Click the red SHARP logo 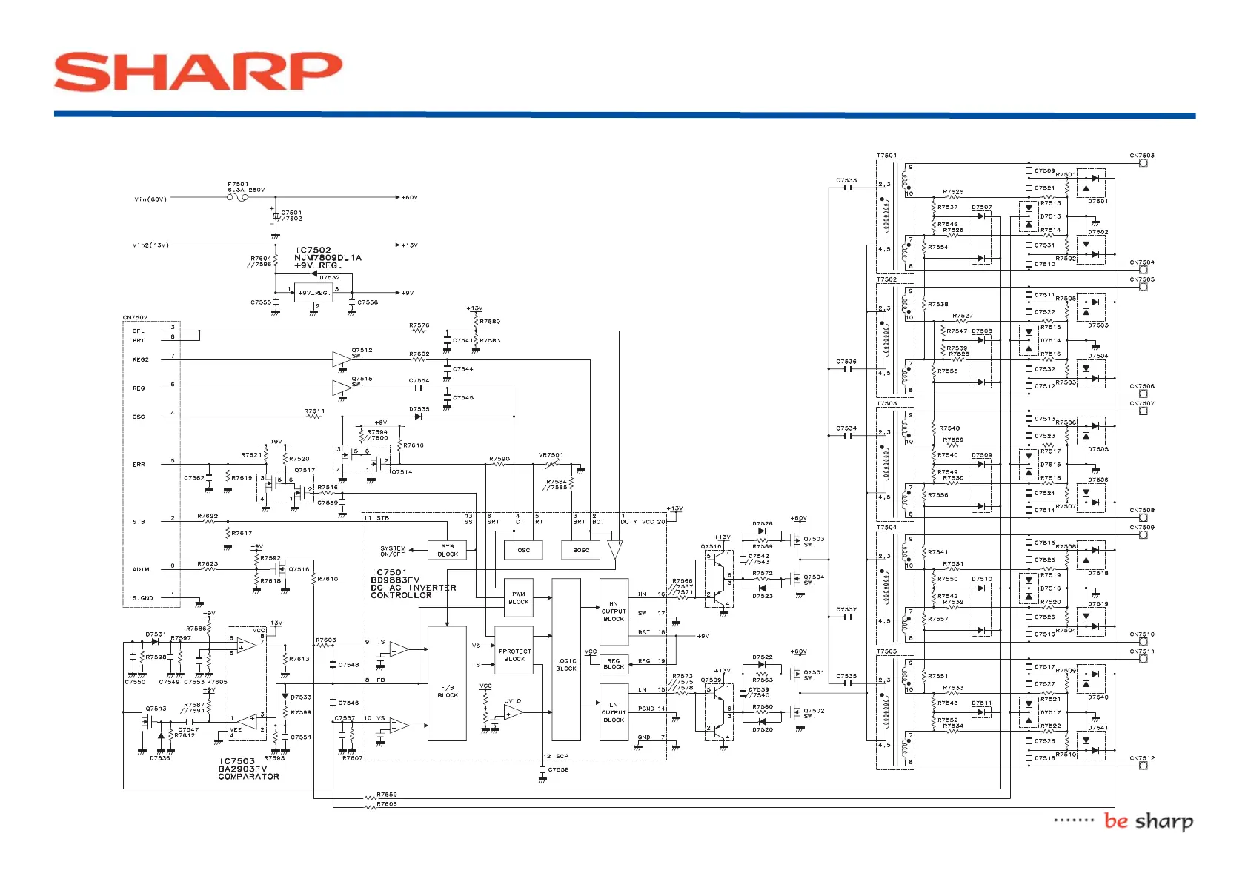click(198, 72)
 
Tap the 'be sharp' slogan click(1148, 820)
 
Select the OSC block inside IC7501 click(523, 550)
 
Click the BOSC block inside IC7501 click(581, 550)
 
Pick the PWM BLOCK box click(518, 597)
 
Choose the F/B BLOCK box click(447, 683)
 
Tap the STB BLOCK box click(448, 550)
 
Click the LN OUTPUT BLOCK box click(614, 712)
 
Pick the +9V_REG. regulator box click(313, 293)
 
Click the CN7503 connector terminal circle click(1143, 163)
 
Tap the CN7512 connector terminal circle click(1143, 766)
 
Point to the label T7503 click(886, 404)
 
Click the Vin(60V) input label click(150, 199)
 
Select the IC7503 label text click(237, 761)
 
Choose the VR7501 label click(551, 455)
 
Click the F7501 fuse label click(238, 184)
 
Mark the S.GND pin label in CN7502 click(143, 597)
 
